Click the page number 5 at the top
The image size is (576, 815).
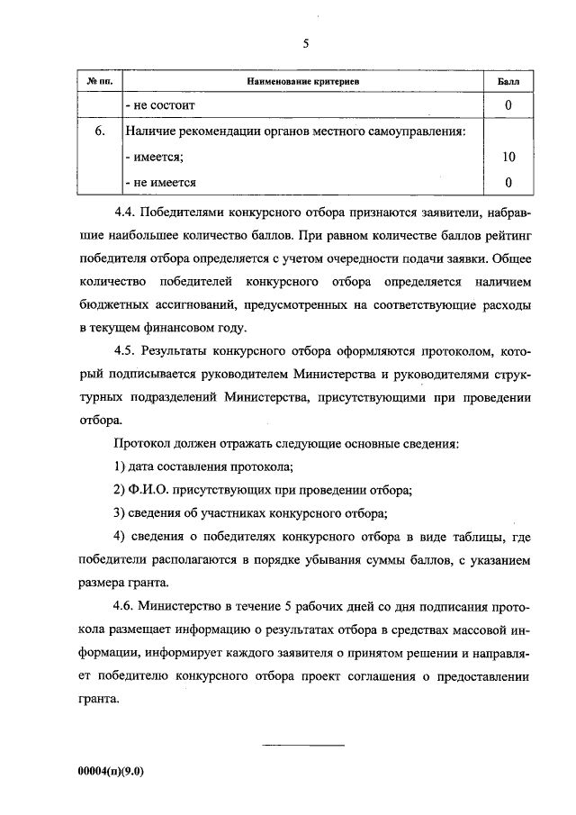point(305,42)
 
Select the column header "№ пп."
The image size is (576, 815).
point(99,82)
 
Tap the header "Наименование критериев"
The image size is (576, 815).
point(302,82)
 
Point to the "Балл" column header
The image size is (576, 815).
point(508,82)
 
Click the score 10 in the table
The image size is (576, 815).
point(508,157)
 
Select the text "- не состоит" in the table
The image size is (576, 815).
point(159,105)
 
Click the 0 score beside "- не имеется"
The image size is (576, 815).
point(508,183)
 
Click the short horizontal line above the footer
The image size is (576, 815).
point(303,745)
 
